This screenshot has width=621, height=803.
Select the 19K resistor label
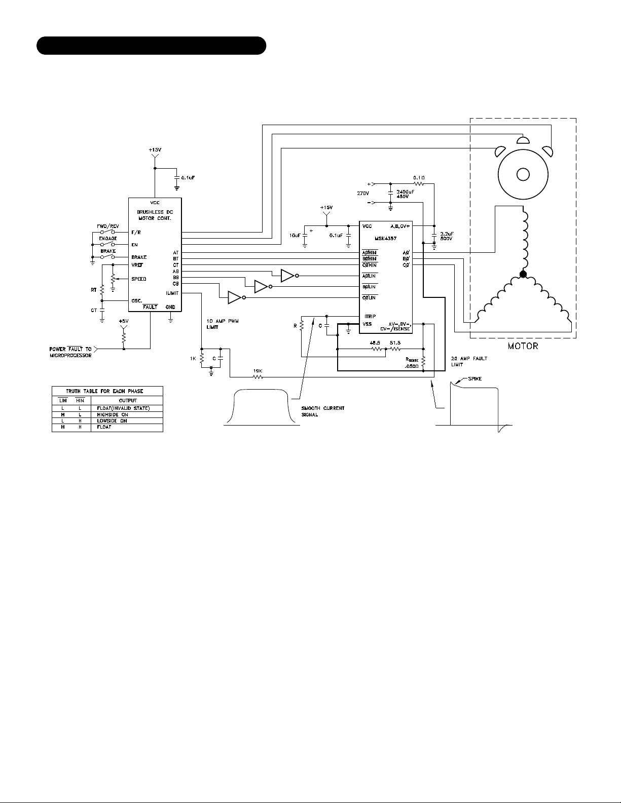click(x=258, y=371)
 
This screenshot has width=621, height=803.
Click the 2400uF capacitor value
click(x=405, y=192)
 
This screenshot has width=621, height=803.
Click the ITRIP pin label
click(x=369, y=317)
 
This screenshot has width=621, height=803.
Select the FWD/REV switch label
click(x=107, y=226)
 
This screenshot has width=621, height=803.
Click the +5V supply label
click(x=124, y=321)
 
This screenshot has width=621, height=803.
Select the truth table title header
click(x=107, y=391)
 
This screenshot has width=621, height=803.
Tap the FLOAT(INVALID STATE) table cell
click(x=123, y=408)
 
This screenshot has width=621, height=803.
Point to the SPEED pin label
click(x=139, y=279)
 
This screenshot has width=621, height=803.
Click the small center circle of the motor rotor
click(x=522, y=174)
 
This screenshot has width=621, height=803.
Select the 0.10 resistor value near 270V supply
click(x=418, y=177)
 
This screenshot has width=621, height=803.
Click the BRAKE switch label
click(x=107, y=251)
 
